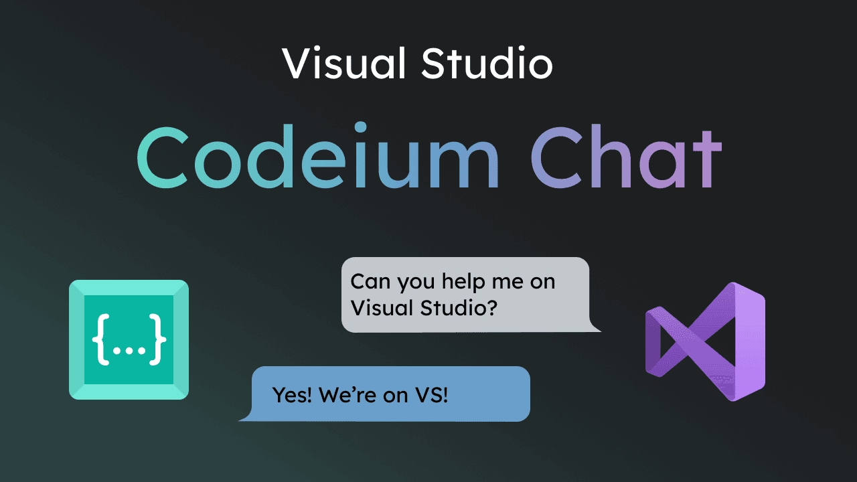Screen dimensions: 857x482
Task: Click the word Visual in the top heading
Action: click(x=343, y=63)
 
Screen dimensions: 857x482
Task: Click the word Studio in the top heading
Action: click(x=487, y=63)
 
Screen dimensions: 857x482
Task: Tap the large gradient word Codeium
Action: click(x=318, y=156)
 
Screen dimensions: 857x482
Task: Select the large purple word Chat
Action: click(x=626, y=157)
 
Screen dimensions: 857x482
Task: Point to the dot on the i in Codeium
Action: click(x=360, y=127)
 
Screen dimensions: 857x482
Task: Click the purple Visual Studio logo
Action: click(x=705, y=341)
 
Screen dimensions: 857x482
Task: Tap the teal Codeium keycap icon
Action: click(x=129, y=339)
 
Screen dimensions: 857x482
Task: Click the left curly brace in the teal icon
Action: click(x=101, y=339)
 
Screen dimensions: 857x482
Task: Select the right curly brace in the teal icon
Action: click(x=157, y=339)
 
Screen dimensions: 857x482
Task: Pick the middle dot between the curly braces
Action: click(x=129, y=350)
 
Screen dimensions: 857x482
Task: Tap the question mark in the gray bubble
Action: click(x=491, y=307)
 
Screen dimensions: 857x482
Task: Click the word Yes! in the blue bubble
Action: click(x=291, y=395)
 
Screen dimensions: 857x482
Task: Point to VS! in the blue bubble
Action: click(x=431, y=395)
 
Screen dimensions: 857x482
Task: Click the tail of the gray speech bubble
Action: click(x=595, y=326)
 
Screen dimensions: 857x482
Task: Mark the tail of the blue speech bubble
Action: click(x=246, y=416)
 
